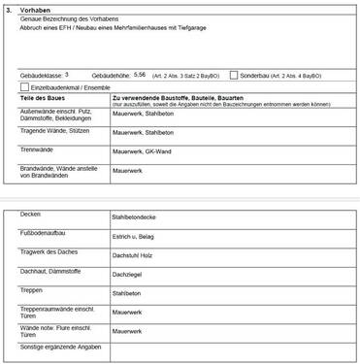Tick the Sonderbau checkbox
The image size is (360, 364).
point(232,74)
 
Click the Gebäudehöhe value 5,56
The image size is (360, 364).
point(140,73)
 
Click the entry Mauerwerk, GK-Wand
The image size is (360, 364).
point(144,150)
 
